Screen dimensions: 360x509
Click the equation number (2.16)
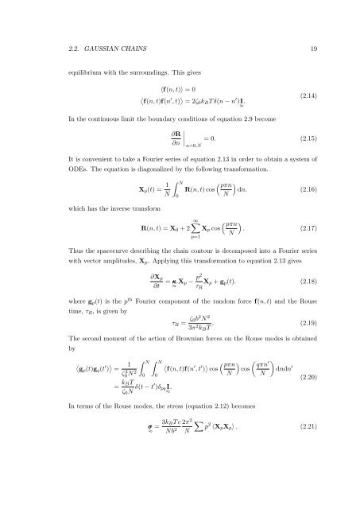pos(303,192)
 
